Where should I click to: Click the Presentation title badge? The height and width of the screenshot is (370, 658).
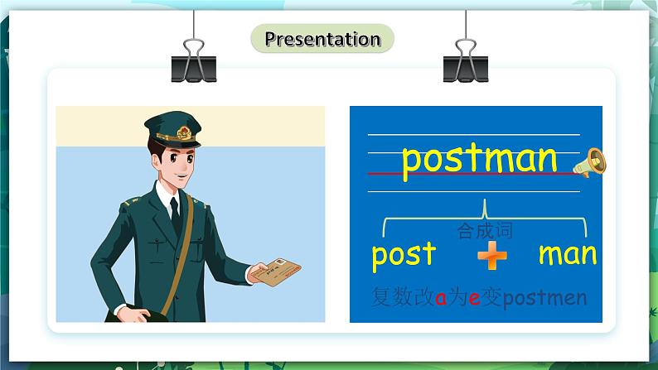[x=322, y=39]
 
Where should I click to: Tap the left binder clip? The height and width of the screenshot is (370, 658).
[x=193, y=60]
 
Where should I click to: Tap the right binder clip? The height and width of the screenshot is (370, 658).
[x=465, y=60]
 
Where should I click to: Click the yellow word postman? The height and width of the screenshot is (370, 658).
[x=479, y=159]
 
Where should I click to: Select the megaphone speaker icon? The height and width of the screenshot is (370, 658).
[x=595, y=162]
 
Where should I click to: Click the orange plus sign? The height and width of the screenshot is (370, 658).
[x=491, y=258]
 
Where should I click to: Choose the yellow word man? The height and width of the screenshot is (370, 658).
[x=567, y=254]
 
